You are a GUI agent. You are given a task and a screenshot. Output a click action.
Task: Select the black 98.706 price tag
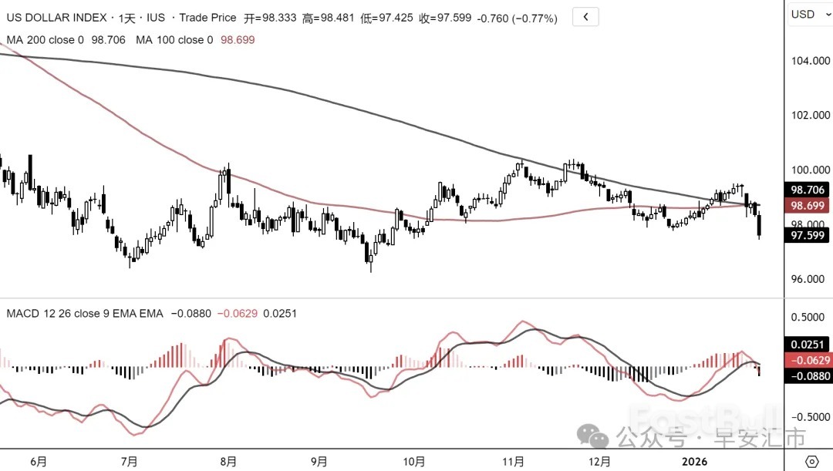808,190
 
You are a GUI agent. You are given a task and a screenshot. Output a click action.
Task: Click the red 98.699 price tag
808,206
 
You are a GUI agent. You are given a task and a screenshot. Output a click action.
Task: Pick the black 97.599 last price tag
808,236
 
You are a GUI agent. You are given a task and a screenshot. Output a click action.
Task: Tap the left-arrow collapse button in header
587,17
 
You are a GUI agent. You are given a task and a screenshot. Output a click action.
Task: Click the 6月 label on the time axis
39,462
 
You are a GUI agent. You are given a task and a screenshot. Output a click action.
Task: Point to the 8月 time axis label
228,462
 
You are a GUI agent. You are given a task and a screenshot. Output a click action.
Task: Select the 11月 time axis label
514,462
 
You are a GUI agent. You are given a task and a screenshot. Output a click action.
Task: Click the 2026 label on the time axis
696,462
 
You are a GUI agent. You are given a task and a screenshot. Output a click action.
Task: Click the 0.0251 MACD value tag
808,345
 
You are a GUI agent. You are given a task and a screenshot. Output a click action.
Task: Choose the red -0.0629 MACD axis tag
808,360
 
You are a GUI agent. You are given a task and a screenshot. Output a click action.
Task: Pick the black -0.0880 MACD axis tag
808,375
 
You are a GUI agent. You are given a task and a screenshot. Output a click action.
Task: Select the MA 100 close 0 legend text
174,39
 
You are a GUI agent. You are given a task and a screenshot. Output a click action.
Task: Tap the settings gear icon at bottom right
811,461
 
